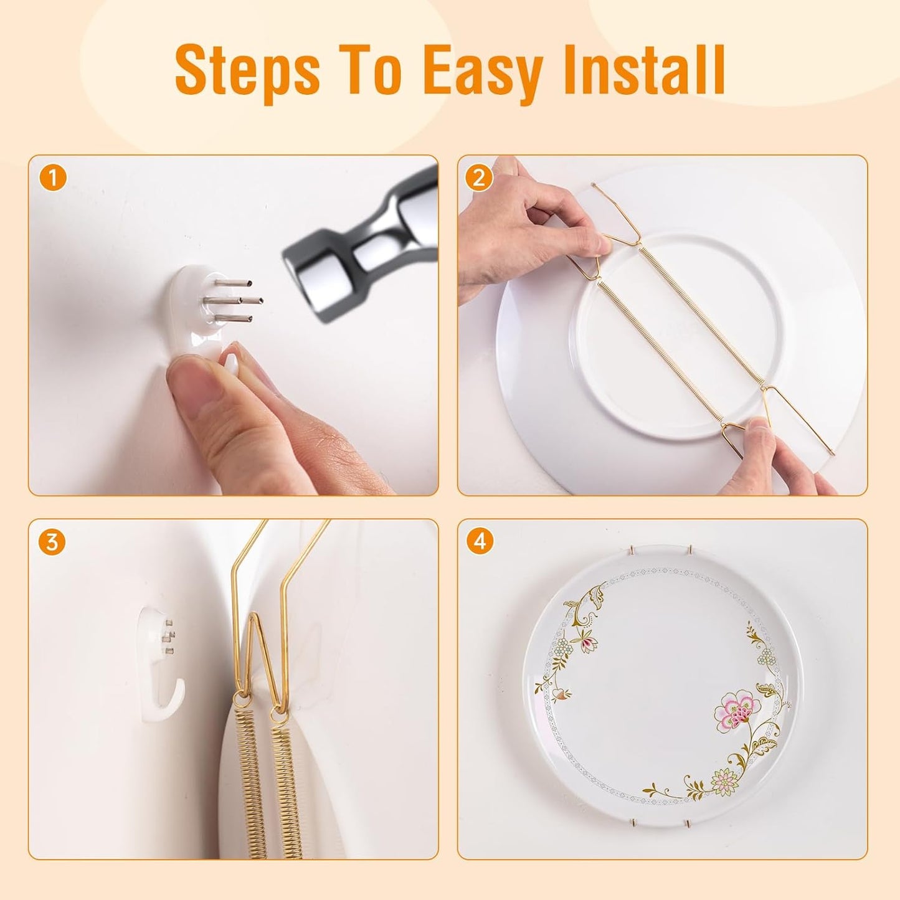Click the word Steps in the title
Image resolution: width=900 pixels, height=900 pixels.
[x=247, y=72]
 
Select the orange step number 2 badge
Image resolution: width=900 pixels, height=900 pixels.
[x=478, y=179]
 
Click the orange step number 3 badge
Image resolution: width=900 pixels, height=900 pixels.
[x=52, y=542]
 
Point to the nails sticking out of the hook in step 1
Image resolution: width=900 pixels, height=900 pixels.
[x=234, y=300]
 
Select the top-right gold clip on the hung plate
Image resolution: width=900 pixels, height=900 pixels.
[x=691, y=551]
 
